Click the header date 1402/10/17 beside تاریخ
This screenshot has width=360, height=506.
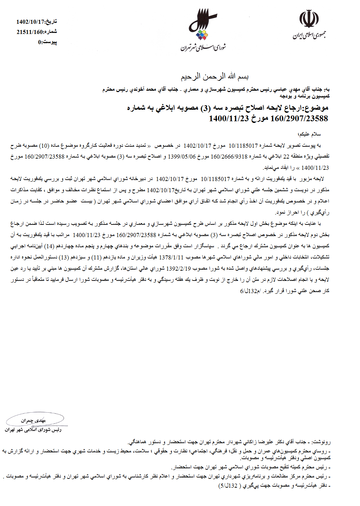[31, 22]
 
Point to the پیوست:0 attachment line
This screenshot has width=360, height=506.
[47, 42]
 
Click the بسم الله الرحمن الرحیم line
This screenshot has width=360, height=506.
[214, 77]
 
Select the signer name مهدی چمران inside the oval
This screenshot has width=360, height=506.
[33, 420]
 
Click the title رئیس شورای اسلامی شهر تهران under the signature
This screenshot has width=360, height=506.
[33, 430]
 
